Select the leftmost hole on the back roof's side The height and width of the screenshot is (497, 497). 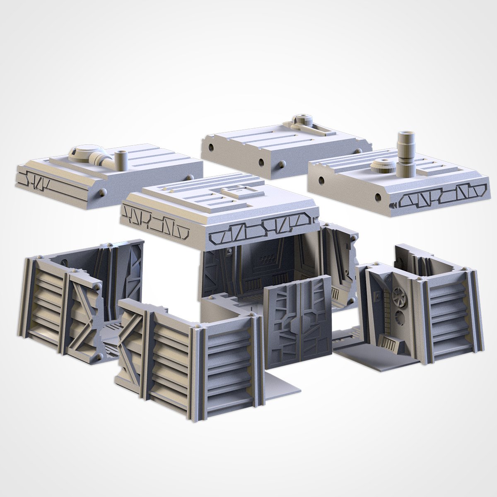click(211, 147)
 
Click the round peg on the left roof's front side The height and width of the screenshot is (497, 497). click(102, 193)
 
